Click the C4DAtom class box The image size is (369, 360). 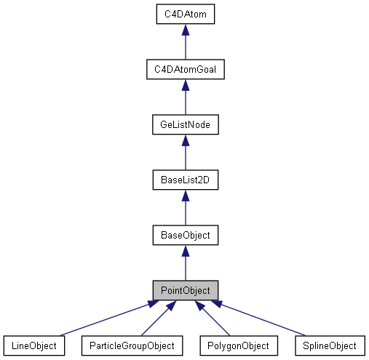tap(185, 14)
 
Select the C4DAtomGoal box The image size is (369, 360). tap(185, 69)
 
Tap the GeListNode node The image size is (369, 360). tap(185, 124)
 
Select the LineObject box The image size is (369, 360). tap(34, 345)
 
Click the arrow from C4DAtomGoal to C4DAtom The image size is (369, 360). tap(185, 44)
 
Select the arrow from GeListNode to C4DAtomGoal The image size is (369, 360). tap(185, 100)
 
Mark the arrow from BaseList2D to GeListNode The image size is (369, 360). tap(185, 155)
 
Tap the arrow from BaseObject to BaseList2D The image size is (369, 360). tap(185, 210)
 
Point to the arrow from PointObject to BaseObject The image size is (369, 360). tap(185, 265)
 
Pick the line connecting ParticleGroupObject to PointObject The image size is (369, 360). tap(156, 320)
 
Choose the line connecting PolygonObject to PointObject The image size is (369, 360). tap(214, 320)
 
